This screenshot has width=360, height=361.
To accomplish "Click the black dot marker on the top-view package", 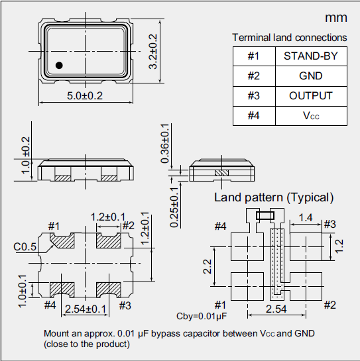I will tap(59, 65).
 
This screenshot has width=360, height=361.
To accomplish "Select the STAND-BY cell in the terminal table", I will tap(310, 56).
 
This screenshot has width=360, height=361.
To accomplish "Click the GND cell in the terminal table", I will tap(310, 76).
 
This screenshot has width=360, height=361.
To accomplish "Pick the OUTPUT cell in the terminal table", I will tap(310, 96).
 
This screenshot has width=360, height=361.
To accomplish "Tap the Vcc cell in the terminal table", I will tap(310, 116).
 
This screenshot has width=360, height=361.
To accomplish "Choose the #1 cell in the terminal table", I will tap(253, 56).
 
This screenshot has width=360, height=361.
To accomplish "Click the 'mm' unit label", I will tap(335, 18).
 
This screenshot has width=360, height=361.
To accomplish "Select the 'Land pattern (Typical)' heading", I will tap(273, 197).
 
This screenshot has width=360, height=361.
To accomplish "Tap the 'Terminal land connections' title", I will tap(289, 38).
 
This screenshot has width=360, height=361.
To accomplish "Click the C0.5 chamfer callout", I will tap(24, 247).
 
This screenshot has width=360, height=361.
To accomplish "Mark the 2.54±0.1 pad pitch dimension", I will tap(86, 309).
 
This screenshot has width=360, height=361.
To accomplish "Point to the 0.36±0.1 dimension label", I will tap(164, 143).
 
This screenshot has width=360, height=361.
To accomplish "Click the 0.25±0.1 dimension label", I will tap(173, 206).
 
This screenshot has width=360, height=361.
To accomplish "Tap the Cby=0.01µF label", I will tap(198, 315).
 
